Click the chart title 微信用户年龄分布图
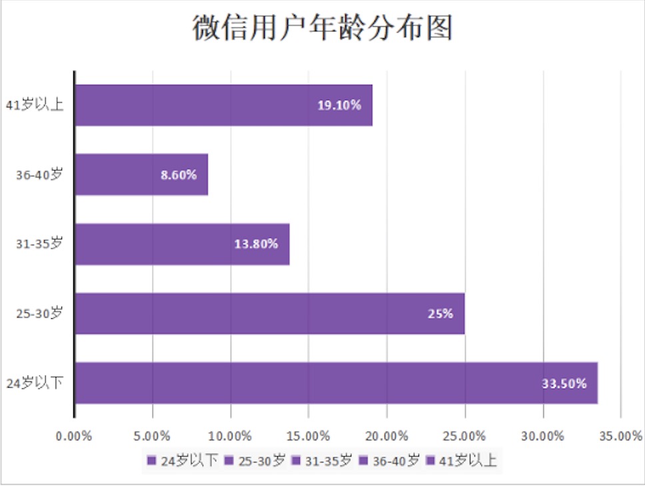pos(322,28)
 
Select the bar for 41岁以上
pos(223,105)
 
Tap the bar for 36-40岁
pos(141,175)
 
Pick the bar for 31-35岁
pos(182,244)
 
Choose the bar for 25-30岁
pos(269,314)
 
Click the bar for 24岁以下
pos(336,383)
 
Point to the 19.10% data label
pos(339,105)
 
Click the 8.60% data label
pos(179,175)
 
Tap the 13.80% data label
pos(256,244)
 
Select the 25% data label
pos(440,314)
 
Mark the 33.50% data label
pos(564,384)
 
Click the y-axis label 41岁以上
pos(35,105)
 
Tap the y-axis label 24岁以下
pos(35,383)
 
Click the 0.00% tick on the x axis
pos(75,436)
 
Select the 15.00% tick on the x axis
pos(309,436)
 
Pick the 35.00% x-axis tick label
pos(620,436)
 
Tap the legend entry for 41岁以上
pos(461,460)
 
